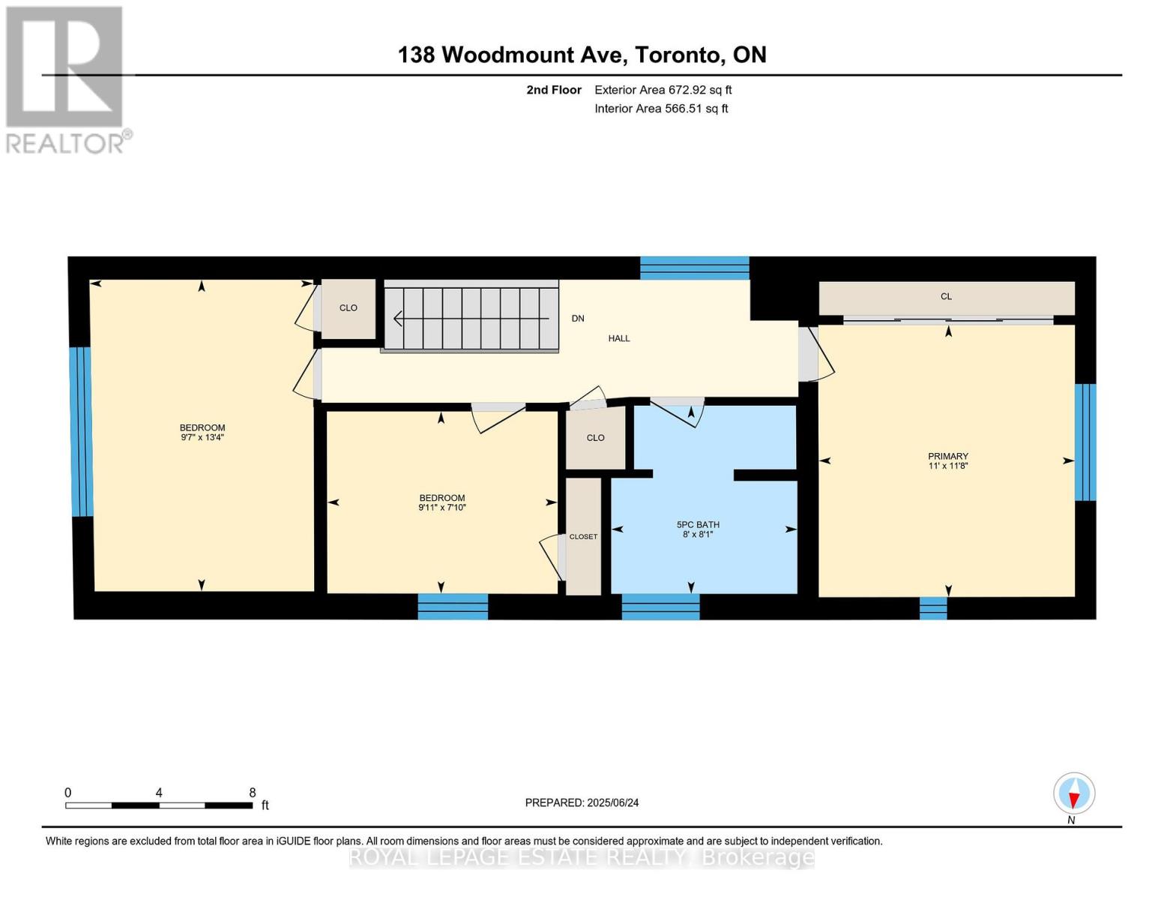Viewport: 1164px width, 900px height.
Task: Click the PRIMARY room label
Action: tap(948, 456)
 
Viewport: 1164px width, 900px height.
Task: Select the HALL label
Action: tap(619, 338)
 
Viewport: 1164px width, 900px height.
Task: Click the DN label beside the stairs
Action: tap(578, 319)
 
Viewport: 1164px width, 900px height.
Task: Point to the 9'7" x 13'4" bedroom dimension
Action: tap(202, 437)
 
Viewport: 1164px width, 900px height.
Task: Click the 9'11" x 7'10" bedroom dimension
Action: tap(442, 508)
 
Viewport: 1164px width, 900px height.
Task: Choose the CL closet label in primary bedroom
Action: tap(946, 297)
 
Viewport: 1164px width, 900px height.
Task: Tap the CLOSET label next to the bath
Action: tap(583, 537)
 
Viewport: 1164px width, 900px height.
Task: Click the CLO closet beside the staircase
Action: tap(348, 308)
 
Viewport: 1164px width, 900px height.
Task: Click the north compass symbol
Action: tap(1074, 793)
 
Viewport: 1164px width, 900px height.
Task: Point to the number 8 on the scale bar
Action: tap(253, 793)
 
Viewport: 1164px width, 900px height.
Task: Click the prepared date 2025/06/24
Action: tap(612, 802)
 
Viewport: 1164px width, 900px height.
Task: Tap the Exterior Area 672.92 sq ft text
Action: tap(663, 90)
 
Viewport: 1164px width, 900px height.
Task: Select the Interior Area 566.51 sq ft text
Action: tap(661, 109)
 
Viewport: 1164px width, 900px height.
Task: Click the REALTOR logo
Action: tap(66, 79)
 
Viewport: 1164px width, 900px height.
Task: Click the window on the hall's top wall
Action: tap(694, 268)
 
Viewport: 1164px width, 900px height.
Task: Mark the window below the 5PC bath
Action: tap(660, 607)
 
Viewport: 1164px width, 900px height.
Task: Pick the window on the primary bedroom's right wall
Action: tap(1085, 442)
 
